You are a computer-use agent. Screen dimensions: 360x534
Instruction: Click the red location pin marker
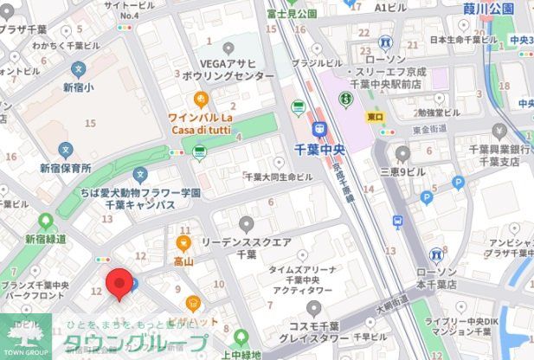(119, 284)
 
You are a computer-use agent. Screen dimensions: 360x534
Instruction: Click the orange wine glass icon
(201, 98)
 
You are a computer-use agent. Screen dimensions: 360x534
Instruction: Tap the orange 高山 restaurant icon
(183, 243)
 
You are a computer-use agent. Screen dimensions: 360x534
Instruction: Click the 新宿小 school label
(78, 87)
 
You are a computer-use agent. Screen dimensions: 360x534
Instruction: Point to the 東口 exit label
(375, 116)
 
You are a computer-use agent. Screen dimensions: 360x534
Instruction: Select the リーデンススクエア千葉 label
(245, 250)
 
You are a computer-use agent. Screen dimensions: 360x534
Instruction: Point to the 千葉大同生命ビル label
(278, 177)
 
